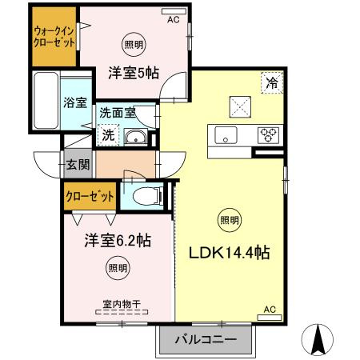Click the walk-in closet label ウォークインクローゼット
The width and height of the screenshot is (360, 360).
(x=54, y=38)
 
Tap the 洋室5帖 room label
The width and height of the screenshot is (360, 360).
(x=134, y=73)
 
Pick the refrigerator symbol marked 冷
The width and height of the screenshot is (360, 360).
(x=272, y=83)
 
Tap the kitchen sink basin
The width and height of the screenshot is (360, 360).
(x=226, y=134)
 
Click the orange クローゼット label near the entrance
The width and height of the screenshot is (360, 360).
(x=89, y=195)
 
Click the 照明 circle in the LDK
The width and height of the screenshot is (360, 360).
(x=228, y=218)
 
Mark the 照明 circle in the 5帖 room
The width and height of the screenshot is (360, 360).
(x=133, y=45)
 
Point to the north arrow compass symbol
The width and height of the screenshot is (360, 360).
(x=318, y=339)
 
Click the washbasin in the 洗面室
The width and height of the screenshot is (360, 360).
(x=137, y=136)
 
